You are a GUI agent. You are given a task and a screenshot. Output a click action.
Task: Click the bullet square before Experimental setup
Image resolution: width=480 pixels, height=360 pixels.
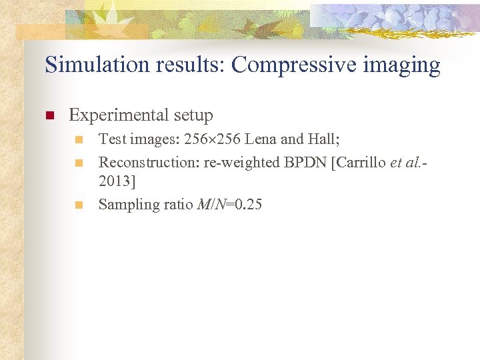point(49,116)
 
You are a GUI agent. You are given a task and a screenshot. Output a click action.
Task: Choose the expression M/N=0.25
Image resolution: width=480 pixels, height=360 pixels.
point(230,205)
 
